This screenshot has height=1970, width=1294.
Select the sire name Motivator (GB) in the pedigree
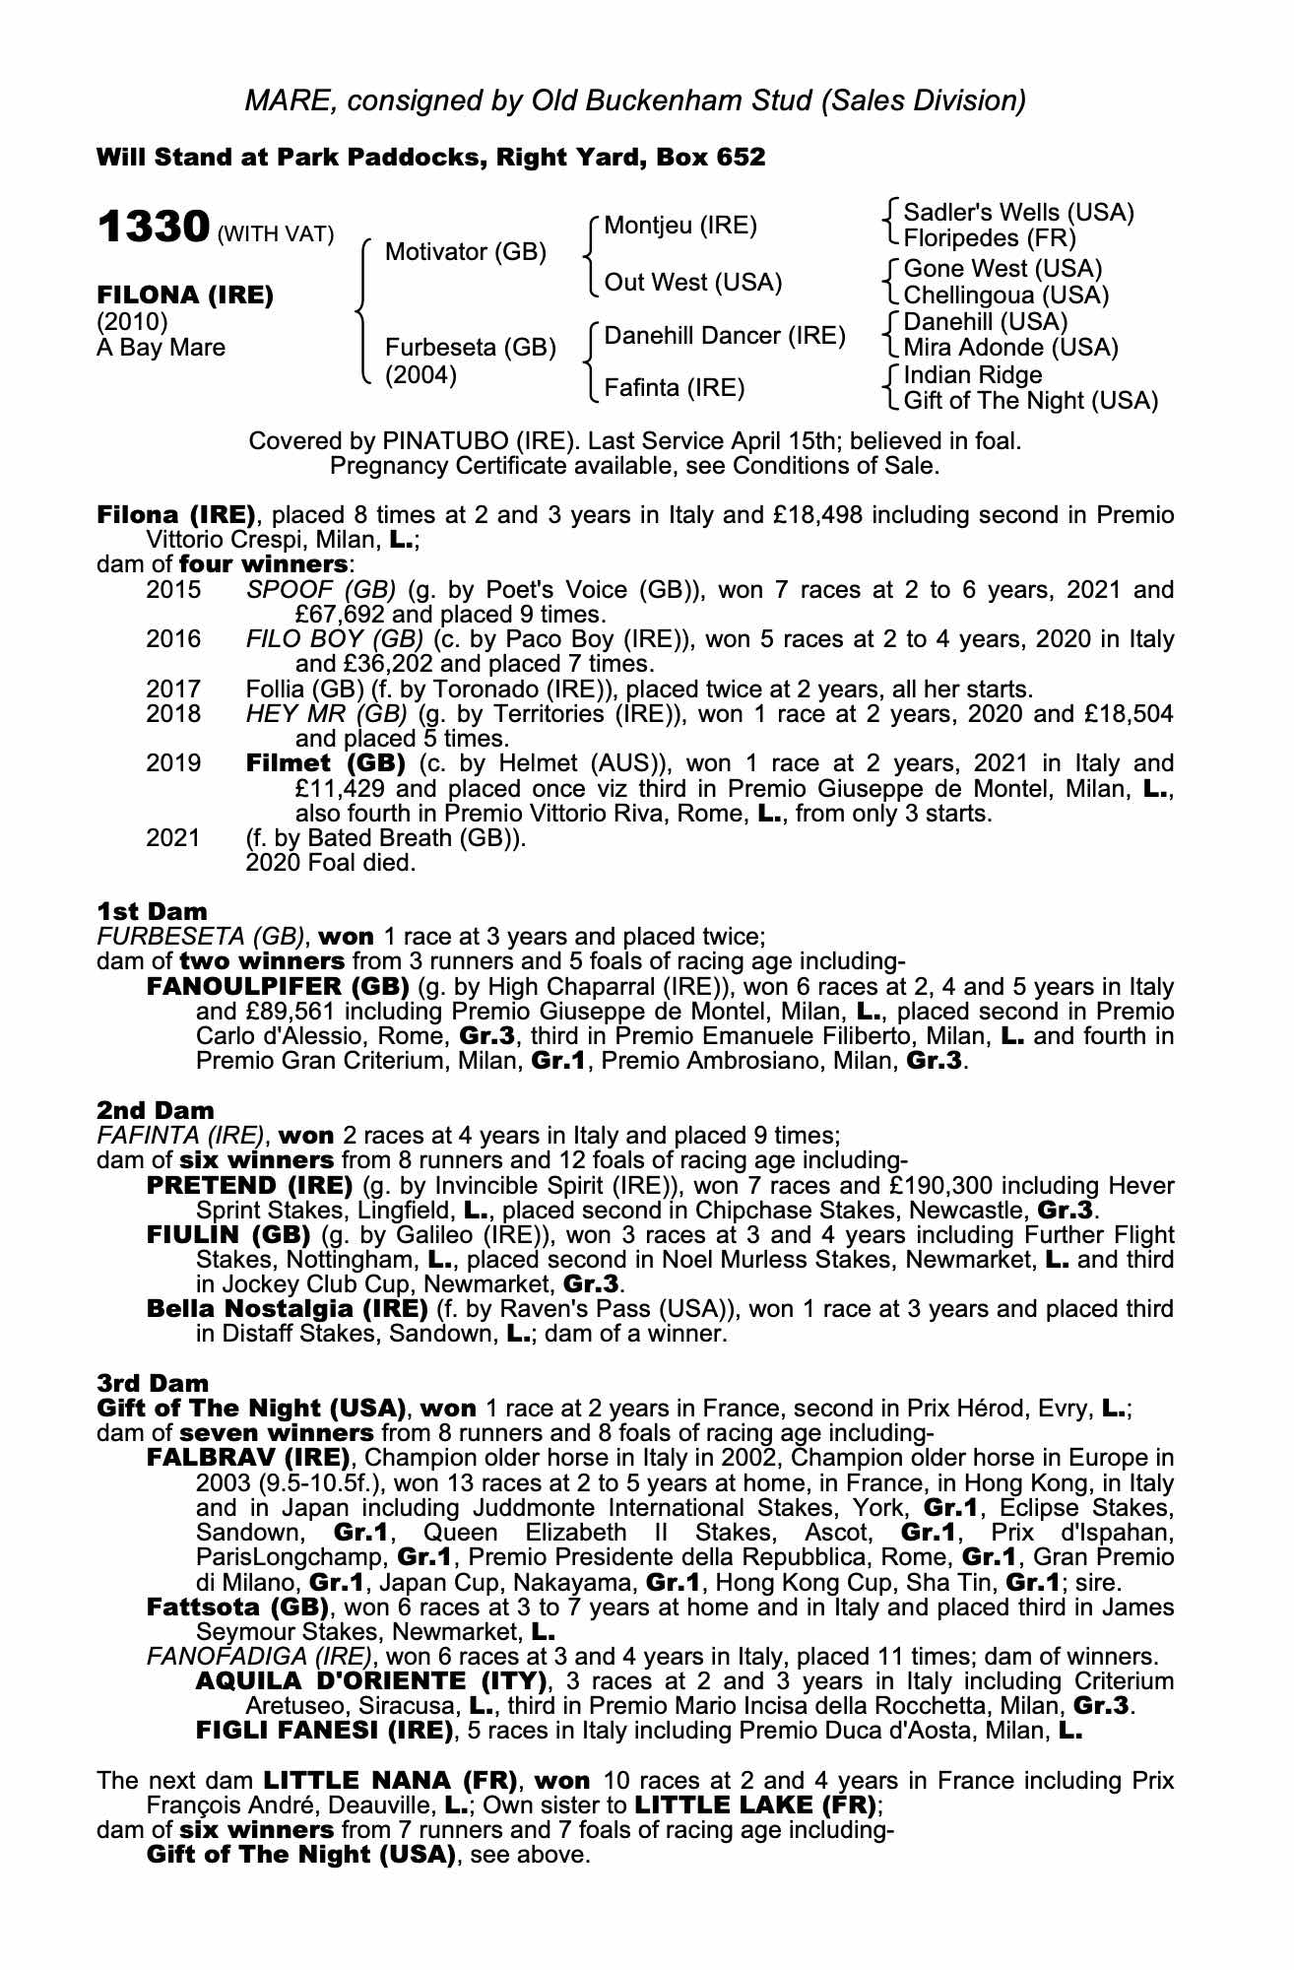coord(465,252)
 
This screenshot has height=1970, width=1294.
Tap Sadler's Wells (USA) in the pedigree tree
coord(1018,213)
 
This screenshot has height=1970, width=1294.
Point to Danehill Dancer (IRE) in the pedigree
coord(725,336)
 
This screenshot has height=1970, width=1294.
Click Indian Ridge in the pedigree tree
coord(972,375)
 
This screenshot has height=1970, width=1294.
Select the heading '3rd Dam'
coord(154,1383)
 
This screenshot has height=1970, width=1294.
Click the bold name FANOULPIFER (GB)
coord(278,986)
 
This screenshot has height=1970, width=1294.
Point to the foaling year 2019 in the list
coord(173,763)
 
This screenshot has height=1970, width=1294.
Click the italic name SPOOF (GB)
coord(320,590)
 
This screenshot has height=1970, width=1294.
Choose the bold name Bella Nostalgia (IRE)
coord(287,1309)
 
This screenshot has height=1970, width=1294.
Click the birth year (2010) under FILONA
coord(132,322)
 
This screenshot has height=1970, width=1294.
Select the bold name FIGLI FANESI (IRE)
coord(325,1730)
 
